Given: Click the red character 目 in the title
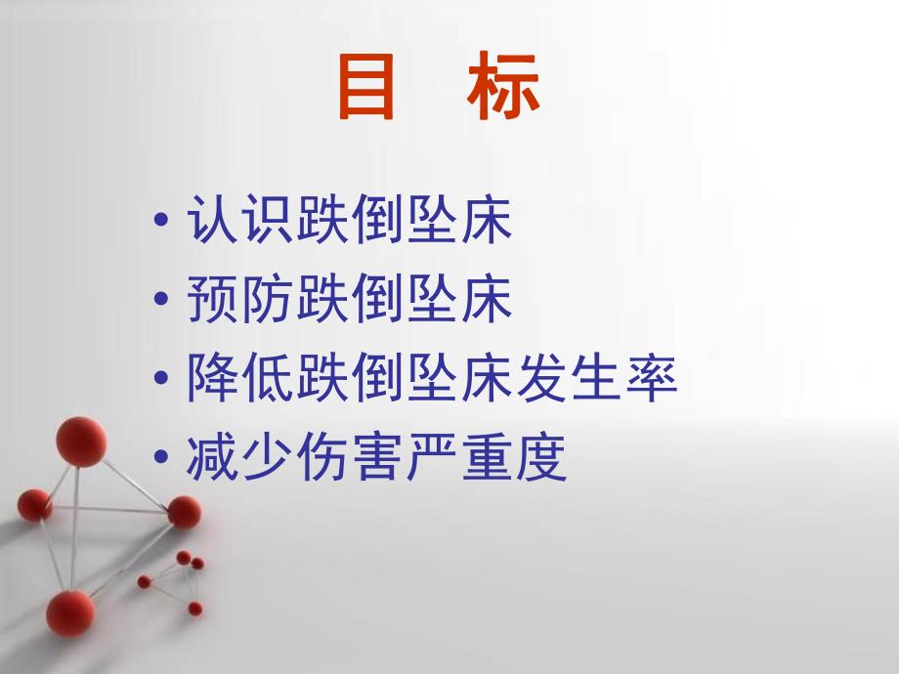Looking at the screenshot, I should pos(367,89).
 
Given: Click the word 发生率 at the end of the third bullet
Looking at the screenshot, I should pos(597,380).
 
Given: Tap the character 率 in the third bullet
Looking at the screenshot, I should pos(652,380).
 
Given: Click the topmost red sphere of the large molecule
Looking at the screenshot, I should pos(81,442).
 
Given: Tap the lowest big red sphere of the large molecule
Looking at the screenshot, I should pos(70,613).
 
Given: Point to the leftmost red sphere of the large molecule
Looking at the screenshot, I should pos(34,504).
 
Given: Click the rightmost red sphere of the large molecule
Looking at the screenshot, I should pos(184,511).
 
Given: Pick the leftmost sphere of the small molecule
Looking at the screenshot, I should pos(145,581).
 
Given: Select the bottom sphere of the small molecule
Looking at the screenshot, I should pos(194,609).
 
